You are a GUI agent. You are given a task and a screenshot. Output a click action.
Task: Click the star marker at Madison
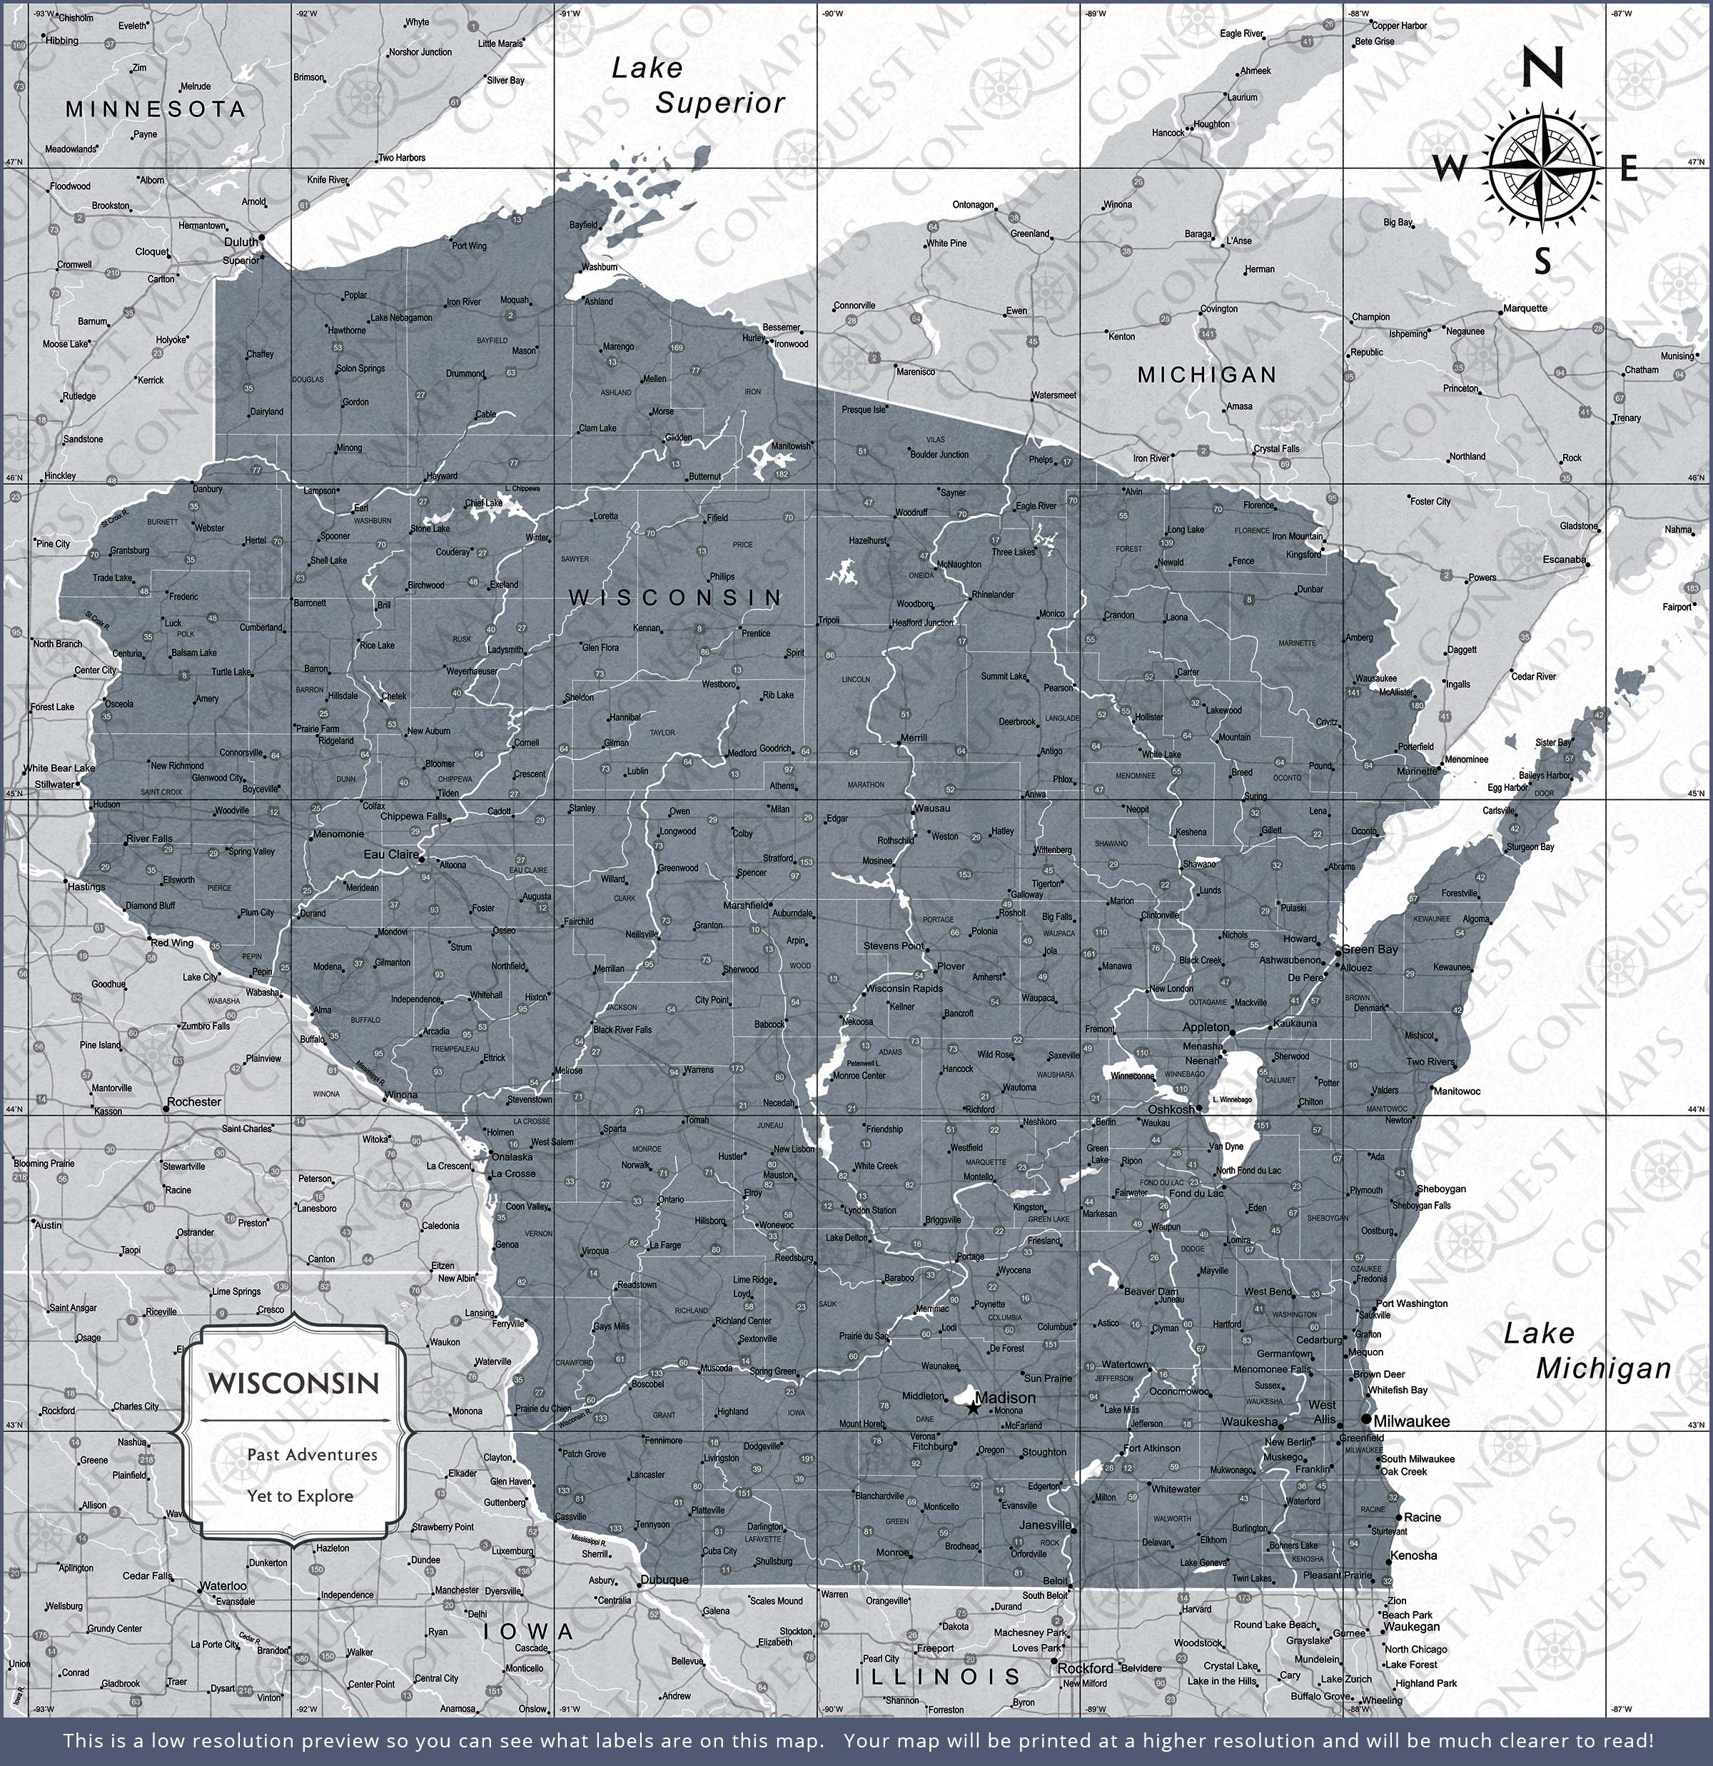click(972, 1406)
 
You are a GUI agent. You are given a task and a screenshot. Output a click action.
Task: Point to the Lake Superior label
click(697, 86)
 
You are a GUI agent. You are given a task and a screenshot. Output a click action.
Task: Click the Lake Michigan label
click(1587, 1351)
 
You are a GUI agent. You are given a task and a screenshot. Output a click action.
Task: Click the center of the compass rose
click(1545, 167)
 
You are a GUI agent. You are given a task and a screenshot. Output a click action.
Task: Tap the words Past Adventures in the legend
click(312, 1454)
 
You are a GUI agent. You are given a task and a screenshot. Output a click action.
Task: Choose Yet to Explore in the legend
click(300, 1495)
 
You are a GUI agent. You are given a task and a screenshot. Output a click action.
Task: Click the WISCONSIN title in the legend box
click(294, 1383)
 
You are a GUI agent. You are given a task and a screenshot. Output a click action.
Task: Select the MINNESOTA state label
click(155, 110)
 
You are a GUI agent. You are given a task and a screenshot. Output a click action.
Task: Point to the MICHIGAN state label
click(1206, 375)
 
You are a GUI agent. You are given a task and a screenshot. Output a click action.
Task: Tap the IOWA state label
click(528, 1632)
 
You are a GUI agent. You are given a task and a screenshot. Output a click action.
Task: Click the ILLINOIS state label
click(937, 1677)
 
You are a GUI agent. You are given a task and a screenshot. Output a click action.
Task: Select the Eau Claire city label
click(391, 854)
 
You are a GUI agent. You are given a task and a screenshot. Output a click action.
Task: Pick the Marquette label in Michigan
click(1525, 308)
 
